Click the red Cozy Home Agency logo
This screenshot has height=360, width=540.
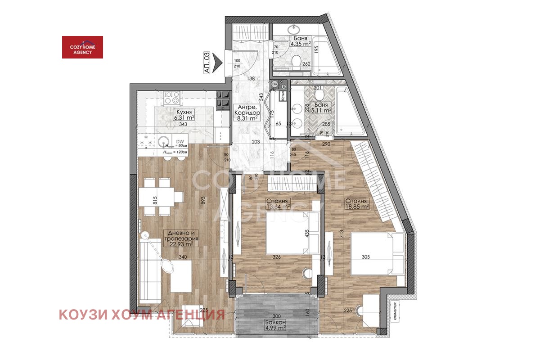pos(82,47)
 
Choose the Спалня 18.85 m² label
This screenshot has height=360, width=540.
pos(357,203)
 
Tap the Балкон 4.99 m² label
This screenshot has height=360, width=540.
pos(275,324)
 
